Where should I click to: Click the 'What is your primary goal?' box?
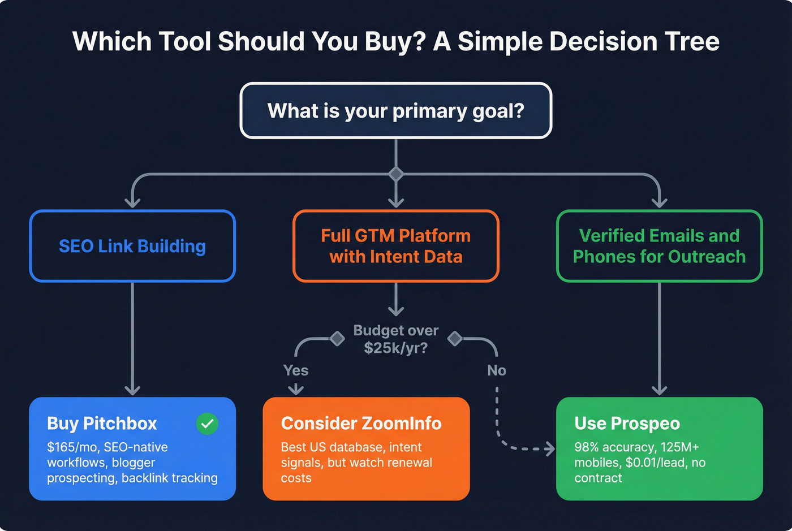tap(395, 111)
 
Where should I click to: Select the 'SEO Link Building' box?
tap(132, 246)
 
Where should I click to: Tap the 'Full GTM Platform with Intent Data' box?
tap(395, 246)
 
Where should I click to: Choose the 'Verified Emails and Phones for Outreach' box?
tap(659, 246)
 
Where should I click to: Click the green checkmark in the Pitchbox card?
tap(207, 424)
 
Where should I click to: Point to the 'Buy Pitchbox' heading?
tap(102, 424)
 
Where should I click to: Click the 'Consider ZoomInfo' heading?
tap(361, 424)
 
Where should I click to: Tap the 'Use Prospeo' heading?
tap(627, 424)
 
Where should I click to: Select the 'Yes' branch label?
tap(296, 370)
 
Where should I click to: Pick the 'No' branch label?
tap(496, 370)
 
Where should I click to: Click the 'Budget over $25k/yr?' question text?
tap(395, 339)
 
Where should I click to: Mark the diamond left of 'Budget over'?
tap(337, 339)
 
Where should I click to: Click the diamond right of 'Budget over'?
tap(455, 339)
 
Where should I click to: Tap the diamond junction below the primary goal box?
tap(396, 174)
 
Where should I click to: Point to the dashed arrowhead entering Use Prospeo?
tap(549, 449)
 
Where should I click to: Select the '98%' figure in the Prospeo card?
tap(587, 447)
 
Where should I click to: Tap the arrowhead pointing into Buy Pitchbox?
tap(132, 390)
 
